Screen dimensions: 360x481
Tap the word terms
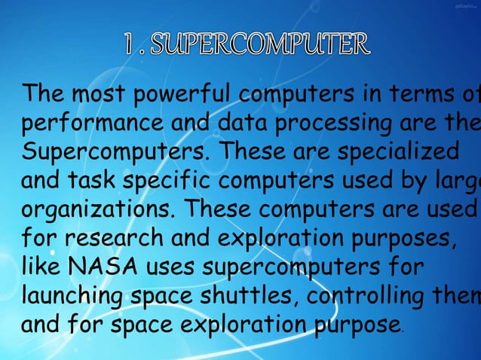pyautogui.click(x=412, y=96)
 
